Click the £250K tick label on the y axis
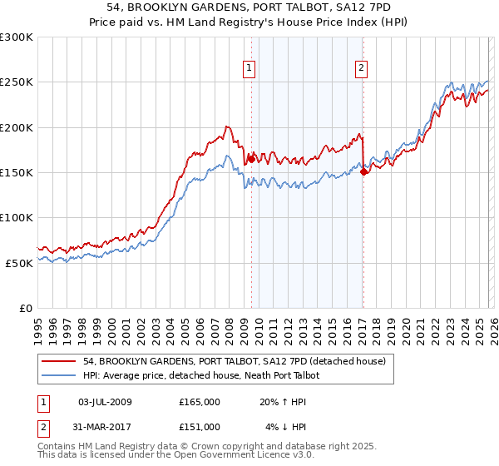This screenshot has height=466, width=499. click(17, 82)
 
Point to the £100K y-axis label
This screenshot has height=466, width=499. click(17, 217)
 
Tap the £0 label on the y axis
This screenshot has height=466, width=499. click(25, 308)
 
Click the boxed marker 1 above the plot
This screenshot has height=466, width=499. click(250, 69)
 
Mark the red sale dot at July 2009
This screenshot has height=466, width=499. click(251, 159)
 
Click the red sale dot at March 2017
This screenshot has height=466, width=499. click(363, 171)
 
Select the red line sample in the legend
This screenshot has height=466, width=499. click(59, 362)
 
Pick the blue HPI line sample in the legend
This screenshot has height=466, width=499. click(59, 376)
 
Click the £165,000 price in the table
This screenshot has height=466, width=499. click(200, 402)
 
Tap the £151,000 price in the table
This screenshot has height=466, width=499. click(200, 427)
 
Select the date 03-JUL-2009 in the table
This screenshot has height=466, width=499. click(105, 402)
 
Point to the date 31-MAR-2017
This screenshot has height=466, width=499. click(105, 427)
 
